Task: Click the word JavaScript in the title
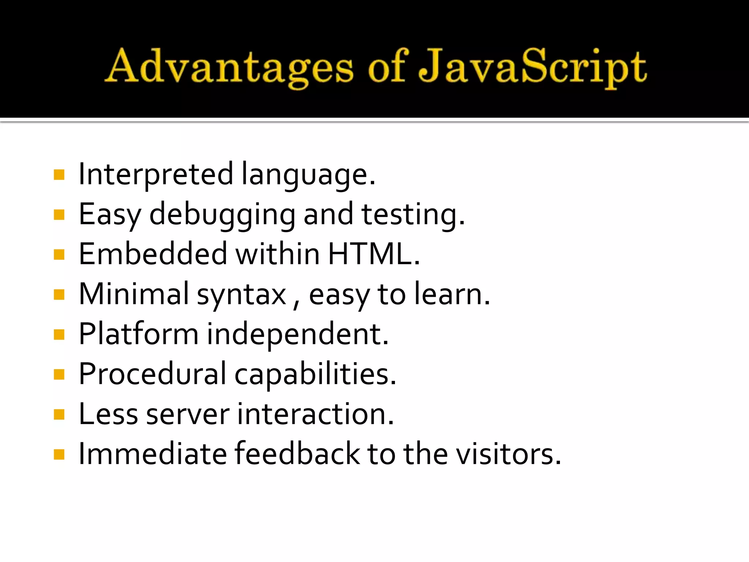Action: pyautogui.click(x=532, y=68)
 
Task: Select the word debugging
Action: pyautogui.click(x=222, y=215)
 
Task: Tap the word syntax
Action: pyautogui.click(x=241, y=295)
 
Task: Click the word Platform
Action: pyautogui.click(x=139, y=334)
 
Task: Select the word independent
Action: pyautogui.click(x=297, y=334)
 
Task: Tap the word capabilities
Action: pyautogui.click(x=315, y=375)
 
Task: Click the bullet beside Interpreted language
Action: pyautogui.click(x=59, y=175)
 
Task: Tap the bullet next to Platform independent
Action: pyautogui.click(x=59, y=334)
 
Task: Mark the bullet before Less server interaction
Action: pyautogui.click(x=59, y=415)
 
